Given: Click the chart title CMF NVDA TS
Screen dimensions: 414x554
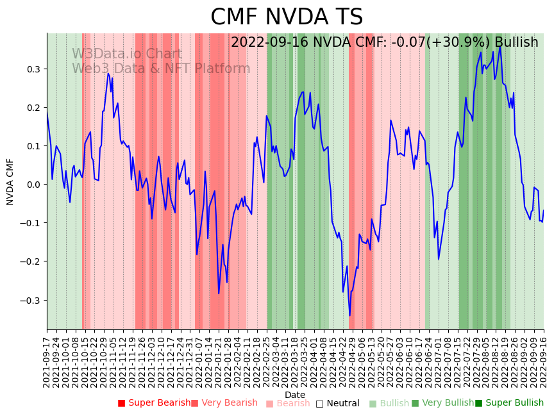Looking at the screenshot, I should (x=287, y=17).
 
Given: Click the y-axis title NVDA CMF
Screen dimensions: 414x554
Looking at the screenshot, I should (x=10, y=181).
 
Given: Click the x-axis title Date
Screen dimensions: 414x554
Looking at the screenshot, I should (x=295, y=395).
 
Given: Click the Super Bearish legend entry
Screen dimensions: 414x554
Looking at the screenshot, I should (x=154, y=403).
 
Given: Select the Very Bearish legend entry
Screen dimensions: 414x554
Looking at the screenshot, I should (x=224, y=403).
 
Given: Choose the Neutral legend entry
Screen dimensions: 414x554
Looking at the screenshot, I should (x=337, y=403).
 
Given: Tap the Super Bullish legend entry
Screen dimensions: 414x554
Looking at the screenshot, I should (x=509, y=403).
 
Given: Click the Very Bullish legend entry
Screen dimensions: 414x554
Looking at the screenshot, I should (x=442, y=403).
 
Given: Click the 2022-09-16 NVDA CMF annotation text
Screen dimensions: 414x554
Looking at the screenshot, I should (x=384, y=42).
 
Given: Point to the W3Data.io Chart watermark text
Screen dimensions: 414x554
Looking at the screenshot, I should (x=127, y=54).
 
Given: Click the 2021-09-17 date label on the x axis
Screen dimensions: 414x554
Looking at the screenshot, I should (x=47, y=360).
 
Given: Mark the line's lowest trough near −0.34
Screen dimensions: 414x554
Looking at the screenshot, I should (x=349, y=315).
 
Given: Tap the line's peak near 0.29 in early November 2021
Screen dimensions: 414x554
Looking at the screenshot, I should (x=108, y=74).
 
